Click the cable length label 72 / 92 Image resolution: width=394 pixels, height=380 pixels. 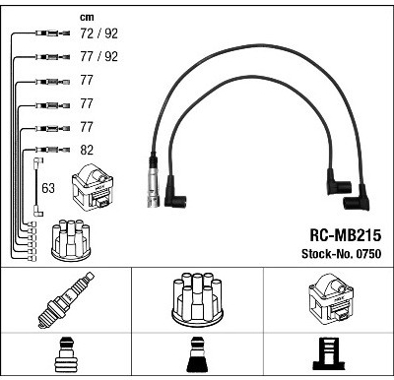tap(98, 33)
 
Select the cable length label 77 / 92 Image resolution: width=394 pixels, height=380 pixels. tap(98, 56)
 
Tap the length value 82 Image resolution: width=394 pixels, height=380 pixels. tap(87, 150)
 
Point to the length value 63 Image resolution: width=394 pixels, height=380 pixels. tap(48, 188)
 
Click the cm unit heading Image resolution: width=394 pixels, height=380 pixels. tap(87, 17)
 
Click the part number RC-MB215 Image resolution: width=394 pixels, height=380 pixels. tap(345, 235)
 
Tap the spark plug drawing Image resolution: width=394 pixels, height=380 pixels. tap(66, 300)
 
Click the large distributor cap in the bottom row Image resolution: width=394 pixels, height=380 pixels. tap(197, 299)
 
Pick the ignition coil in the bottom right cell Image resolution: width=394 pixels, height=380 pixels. tap(331, 300)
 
